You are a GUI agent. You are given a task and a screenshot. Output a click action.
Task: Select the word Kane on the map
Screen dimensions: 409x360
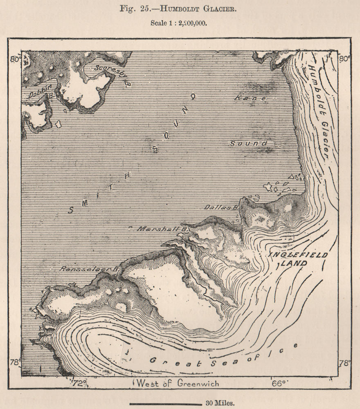tap(251, 98)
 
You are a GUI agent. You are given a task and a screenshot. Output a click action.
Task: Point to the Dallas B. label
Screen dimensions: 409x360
tap(221, 207)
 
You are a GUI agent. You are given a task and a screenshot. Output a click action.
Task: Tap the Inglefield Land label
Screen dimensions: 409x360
tap(298, 259)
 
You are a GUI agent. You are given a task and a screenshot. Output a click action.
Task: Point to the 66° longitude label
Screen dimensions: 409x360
tap(280, 383)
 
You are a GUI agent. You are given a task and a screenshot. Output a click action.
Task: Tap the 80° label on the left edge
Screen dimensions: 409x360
tap(16, 59)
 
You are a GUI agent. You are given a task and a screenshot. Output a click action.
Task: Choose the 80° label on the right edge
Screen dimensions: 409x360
tap(344, 58)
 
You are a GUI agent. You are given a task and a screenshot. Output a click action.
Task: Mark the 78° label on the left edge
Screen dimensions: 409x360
tap(16, 362)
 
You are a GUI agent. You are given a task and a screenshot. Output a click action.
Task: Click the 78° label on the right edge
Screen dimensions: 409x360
tap(344, 362)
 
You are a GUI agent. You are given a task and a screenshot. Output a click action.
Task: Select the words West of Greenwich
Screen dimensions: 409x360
tap(178, 383)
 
